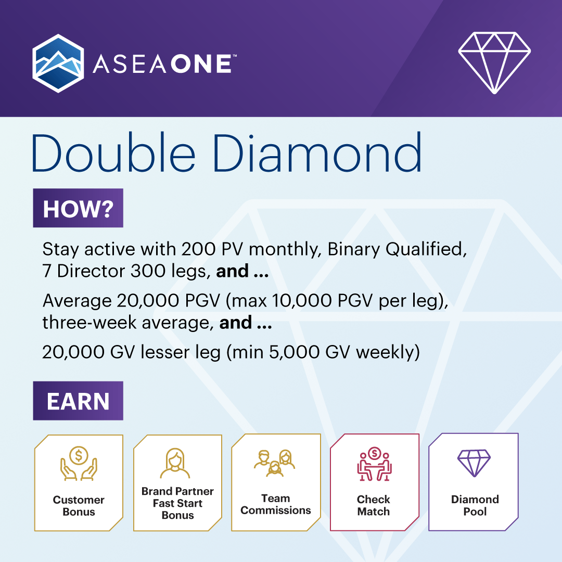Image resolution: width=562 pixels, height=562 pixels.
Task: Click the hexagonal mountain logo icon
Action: click(58, 63)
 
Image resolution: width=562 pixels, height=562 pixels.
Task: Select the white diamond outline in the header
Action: click(494, 63)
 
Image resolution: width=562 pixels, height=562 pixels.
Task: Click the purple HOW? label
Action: click(78, 208)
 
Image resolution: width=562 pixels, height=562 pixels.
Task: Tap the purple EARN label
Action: click(78, 401)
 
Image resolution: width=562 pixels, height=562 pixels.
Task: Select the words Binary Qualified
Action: click(395, 250)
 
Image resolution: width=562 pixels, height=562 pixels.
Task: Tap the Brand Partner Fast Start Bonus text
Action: click(177, 503)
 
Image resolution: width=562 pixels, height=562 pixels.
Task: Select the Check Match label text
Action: click(374, 505)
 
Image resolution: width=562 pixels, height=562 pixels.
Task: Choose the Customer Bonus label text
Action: click(79, 506)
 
